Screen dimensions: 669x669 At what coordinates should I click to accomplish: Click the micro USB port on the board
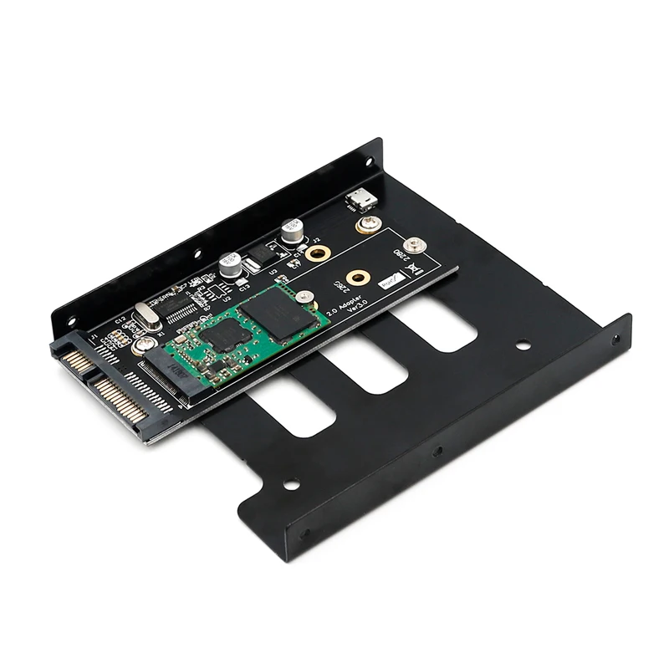[361, 198]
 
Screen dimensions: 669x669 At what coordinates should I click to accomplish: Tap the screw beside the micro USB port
[369, 223]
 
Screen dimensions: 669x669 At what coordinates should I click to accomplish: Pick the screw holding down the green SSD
[305, 295]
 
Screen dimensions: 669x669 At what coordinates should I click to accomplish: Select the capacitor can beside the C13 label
[230, 266]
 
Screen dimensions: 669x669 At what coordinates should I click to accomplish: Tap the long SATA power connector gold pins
[123, 400]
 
